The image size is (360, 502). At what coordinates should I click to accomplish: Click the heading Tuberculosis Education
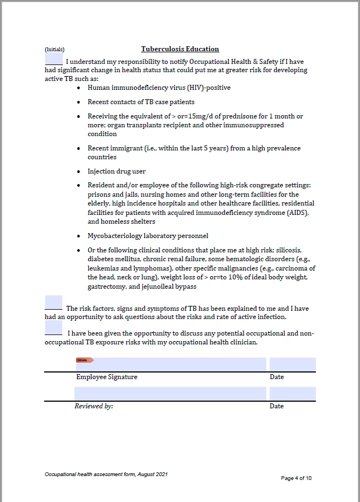pos(180,49)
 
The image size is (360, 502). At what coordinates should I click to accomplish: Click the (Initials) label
pos(55,50)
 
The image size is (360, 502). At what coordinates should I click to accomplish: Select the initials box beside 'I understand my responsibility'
pos(53,57)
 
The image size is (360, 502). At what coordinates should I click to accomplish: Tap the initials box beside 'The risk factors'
pos(53,303)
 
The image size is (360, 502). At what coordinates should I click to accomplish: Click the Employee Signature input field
pos(171,364)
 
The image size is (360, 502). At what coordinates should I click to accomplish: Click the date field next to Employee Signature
pos(292,364)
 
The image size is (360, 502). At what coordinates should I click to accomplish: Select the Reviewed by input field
pos(170,393)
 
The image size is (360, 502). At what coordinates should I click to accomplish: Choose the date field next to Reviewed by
pos(292,393)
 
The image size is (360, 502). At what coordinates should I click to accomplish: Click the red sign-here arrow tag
pos(84,360)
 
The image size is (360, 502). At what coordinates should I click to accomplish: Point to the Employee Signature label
pos(106,377)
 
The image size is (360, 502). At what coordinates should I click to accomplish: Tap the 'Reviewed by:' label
pos(94,406)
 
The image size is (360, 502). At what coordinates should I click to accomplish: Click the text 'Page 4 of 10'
pos(296,478)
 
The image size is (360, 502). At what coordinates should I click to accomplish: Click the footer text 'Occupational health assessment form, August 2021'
pos(106,474)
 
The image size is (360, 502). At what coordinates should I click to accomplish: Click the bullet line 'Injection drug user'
pos(116,171)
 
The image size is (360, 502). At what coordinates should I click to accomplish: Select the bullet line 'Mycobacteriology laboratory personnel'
pos(148,236)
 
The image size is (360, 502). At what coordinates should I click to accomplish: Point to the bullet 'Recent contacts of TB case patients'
pos(141,102)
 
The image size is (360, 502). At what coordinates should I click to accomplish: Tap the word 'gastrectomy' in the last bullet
pos(106,287)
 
